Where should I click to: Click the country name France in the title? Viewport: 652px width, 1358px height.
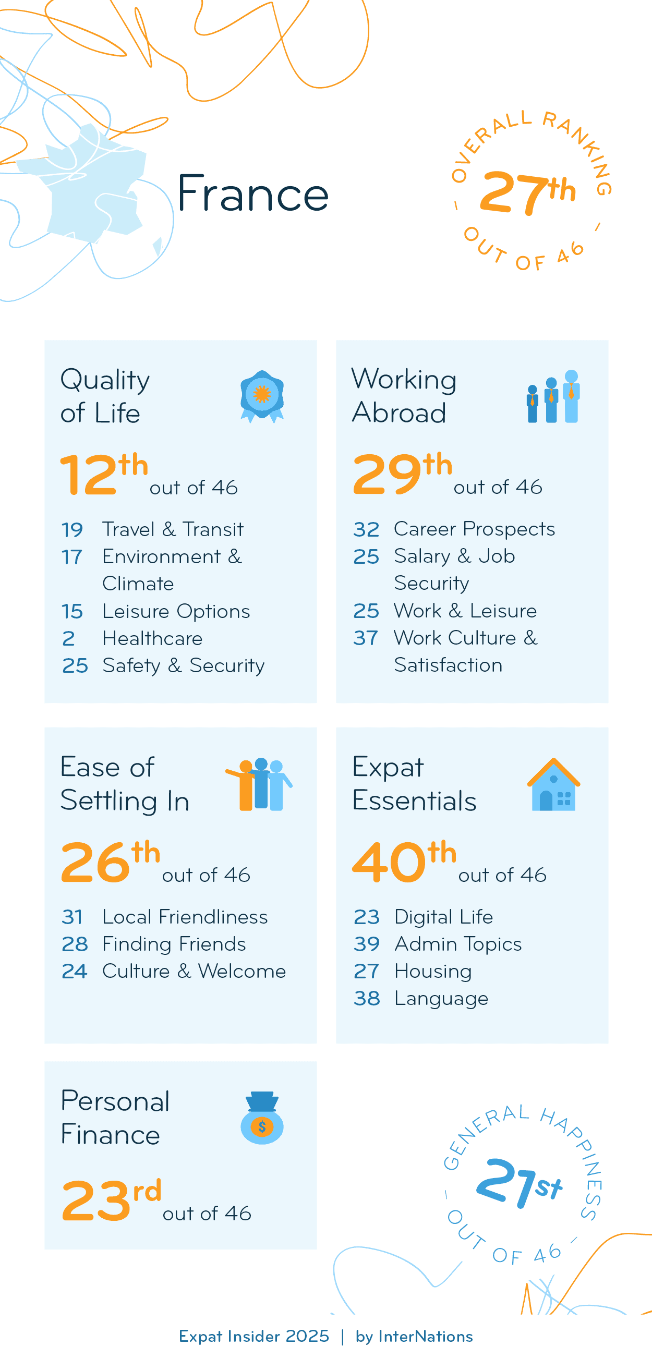252,193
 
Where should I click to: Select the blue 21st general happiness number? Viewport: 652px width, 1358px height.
518,1182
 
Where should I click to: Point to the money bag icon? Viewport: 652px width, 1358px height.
262,1118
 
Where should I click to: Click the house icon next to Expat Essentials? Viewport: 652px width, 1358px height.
553,784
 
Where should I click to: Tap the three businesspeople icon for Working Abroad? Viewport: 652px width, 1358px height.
553,396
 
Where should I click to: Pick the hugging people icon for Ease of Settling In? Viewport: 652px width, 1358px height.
259,784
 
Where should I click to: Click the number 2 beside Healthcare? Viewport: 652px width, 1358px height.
68,639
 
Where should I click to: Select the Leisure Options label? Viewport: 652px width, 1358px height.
176,612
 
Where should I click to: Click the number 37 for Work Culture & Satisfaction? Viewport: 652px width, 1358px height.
366,638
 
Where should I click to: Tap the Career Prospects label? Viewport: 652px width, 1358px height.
474,529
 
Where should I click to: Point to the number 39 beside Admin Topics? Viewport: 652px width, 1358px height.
366,944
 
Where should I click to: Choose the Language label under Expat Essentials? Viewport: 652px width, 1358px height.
441,999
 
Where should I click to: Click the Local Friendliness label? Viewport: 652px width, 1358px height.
185,917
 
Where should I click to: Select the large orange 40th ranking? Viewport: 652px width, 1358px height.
404,861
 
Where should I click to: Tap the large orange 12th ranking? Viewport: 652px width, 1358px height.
104,473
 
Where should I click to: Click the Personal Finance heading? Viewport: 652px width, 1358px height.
115,1117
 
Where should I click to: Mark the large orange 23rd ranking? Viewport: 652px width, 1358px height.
111,1199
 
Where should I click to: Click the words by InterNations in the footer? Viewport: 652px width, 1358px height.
414,1337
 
